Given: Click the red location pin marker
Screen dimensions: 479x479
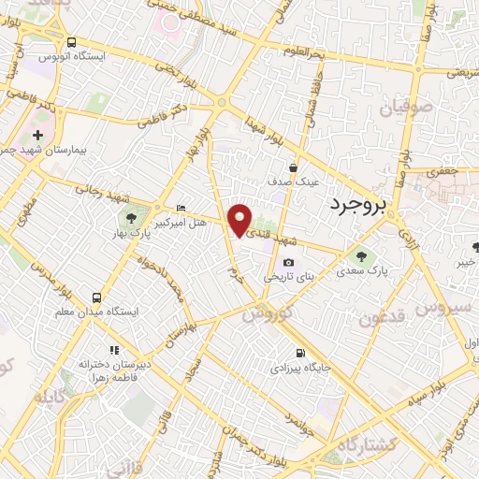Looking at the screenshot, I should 240,219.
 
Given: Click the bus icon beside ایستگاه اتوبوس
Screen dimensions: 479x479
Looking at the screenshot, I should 72,42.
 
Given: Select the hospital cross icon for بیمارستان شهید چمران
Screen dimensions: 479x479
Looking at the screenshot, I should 37,137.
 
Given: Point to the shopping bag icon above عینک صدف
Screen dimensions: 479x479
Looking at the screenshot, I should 293,168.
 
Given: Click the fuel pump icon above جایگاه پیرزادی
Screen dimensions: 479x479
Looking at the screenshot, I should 300,353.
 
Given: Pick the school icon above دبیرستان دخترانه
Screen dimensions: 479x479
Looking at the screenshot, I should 114,349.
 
